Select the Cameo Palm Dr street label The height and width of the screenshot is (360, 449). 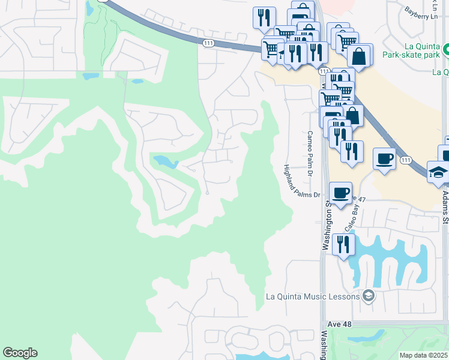(310, 154)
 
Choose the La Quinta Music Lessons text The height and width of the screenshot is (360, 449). (313, 296)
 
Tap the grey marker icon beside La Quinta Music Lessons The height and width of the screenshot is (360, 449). (368, 296)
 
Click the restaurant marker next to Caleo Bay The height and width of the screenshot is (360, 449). (343, 244)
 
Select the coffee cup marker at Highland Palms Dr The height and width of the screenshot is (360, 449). (341, 193)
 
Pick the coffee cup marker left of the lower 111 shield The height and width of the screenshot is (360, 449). (384, 159)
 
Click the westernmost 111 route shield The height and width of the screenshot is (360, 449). (208, 43)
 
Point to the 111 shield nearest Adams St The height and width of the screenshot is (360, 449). (406, 160)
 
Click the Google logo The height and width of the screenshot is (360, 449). (20, 353)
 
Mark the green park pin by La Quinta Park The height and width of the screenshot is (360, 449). (446, 52)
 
